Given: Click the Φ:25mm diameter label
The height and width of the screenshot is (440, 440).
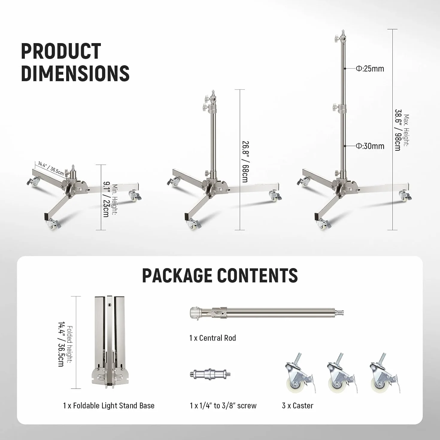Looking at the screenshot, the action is coord(370,69).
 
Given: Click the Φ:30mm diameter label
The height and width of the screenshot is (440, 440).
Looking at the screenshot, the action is coord(370,146).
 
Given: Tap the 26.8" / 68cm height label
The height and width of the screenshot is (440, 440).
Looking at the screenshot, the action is coord(245,162).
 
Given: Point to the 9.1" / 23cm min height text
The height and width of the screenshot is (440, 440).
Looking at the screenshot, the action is coord(106,199).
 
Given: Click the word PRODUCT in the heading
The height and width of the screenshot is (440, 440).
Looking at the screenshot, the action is coord(61,51).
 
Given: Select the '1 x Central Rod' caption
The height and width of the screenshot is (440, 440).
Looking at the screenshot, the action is coord(213,338).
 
